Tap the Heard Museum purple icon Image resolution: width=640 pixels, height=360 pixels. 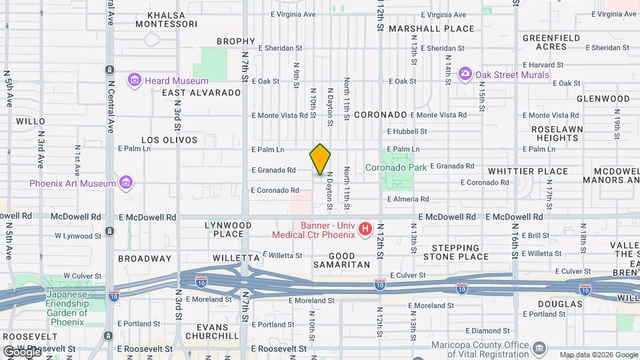(135, 81)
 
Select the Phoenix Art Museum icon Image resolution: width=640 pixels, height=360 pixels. (125, 183)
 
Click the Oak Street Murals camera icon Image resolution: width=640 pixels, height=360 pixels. (465, 74)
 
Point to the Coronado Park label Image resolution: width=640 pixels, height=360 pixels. (396, 168)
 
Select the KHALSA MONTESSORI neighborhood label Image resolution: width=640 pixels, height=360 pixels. (167, 19)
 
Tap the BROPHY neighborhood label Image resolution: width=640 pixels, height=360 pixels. (236, 41)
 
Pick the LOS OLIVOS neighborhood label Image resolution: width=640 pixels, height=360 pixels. (169, 140)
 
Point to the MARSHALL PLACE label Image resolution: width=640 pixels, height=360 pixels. (431, 29)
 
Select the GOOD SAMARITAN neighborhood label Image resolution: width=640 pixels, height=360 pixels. (349, 260)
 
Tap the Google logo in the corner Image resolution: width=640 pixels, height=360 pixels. (21, 351)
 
